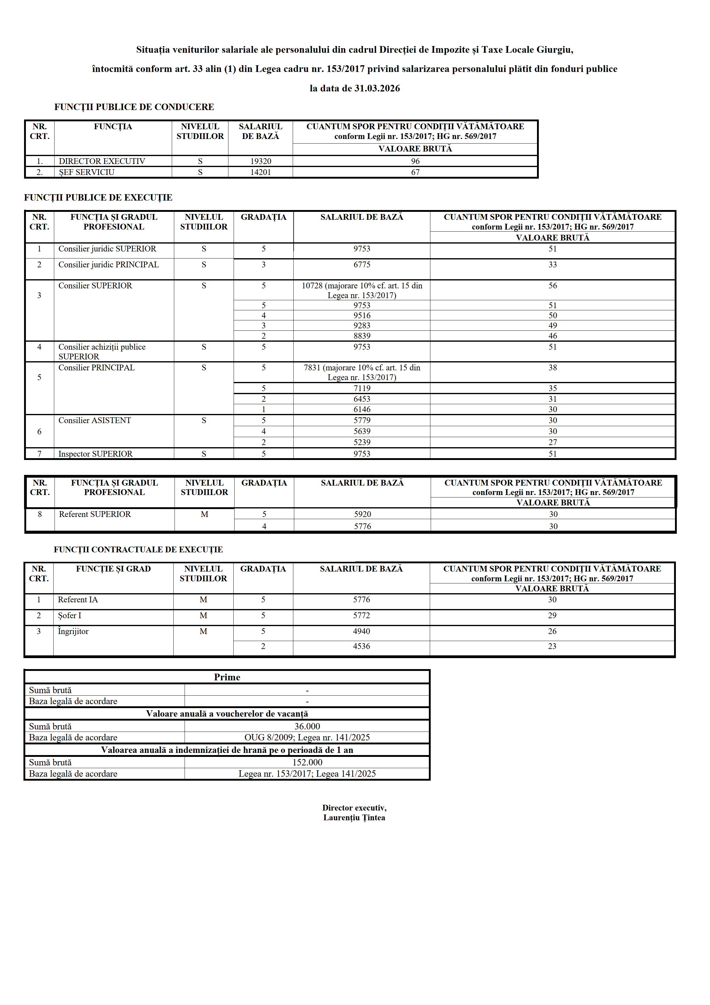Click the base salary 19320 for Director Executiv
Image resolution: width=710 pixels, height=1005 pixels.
coord(260,161)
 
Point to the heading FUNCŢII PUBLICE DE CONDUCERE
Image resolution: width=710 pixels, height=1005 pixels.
coord(134,107)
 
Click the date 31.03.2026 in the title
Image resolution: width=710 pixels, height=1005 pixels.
coord(377,88)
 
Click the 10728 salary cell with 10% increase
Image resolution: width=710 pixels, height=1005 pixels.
coord(362,290)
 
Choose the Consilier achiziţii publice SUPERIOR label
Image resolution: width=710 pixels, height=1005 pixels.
coord(102,351)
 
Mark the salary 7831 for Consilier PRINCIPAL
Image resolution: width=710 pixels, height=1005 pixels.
coord(362,372)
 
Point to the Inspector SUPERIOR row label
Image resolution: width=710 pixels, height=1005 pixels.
coord(95,454)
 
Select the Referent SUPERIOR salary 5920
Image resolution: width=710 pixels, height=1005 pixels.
coord(362,514)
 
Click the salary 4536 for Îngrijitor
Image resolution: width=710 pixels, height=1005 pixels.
coord(361,647)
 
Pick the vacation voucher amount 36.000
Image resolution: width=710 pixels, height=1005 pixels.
coord(307,727)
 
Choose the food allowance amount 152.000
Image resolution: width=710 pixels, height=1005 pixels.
coord(307,762)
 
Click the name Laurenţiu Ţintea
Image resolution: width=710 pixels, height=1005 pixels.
coord(354,818)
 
